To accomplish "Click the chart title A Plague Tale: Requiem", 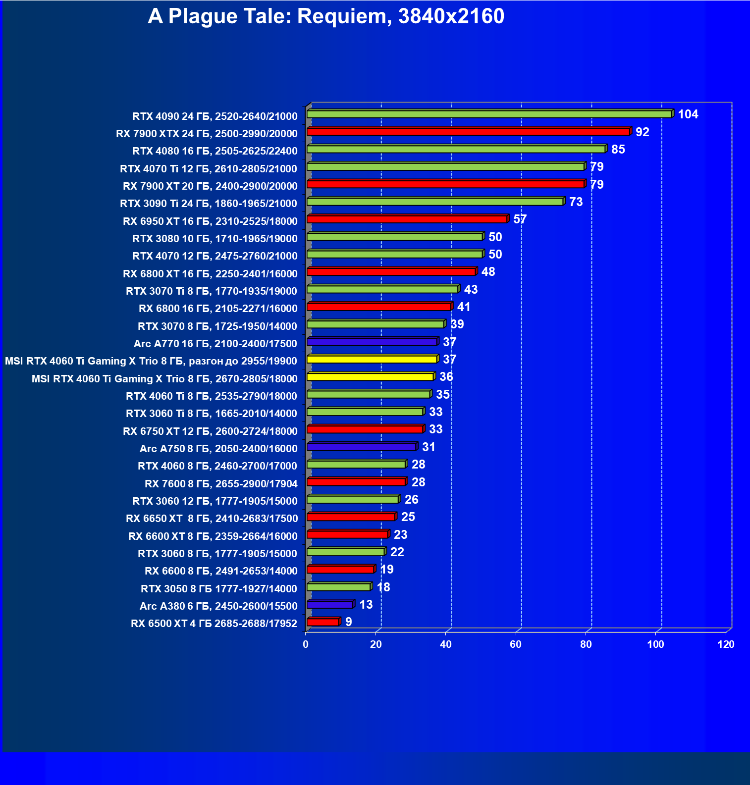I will pyautogui.click(x=326, y=16).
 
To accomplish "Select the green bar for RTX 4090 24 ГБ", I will pyautogui.click(x=489, y=114).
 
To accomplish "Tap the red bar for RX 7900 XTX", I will pyautogui.click(x=468, y=132).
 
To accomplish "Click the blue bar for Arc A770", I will pyautogui.click(x=372, y=342).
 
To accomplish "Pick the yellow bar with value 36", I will pyautogui.click(x=370, y=377).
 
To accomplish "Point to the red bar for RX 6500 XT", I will pyautogui.click(x=322, y=622).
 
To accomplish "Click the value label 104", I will pyautogui.click(x=688, y=114).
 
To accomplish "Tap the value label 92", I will pyautogui.click(x=642, y=132).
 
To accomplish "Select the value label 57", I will pyautogui.click(x=520, y=219).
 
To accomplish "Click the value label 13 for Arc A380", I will pyautogui.click(x=366, y=605).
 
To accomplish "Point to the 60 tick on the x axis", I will pyautogui.click(x=516, y=644).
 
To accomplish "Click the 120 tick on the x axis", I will pyautogui.click(x=726, y=644).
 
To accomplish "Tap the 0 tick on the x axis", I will pyautogui.click(x=306, y=644).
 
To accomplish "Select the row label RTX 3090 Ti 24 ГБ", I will pyautogui.click(x=209, y=204).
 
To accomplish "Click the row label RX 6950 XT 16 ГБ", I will pyautogui.click(x=210, y=221).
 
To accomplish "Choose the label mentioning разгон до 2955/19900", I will pyautogui.click(x=151, y=361).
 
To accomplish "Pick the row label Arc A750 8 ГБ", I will pyautogui.click(x=218, y=449).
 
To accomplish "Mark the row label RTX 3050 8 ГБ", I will pyautogui.click(x=219, y=589).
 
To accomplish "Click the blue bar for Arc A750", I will pyautogui.click(x=361, y=447).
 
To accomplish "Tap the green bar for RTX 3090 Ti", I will pyautogui.click(x=435, y=202).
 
